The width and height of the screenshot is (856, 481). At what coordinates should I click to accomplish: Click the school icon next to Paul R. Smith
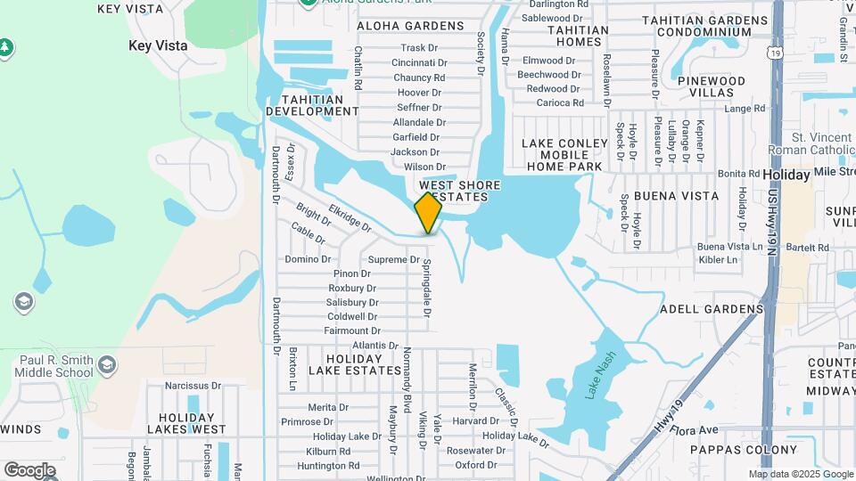pyautogui.click(x=107, y=364)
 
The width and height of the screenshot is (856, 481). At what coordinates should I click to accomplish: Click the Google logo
pyautogui.click(x=29, y=470)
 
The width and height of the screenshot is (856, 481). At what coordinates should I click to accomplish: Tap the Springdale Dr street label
pyautogui.click(x=427, y=289)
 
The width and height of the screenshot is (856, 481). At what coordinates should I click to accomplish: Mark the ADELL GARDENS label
pyautogui.click(x=712, y=309)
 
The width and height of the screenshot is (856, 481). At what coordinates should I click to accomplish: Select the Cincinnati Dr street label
pyautogui.click(x=418, y=63)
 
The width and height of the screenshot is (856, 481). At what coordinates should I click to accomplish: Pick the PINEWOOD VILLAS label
pyautogui.click(x=711, y=86)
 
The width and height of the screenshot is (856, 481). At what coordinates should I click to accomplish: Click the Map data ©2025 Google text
pyautogui.click(x=801, y=474)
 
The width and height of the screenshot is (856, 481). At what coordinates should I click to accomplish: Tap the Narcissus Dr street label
pyautogui.click(x=193, y=386)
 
